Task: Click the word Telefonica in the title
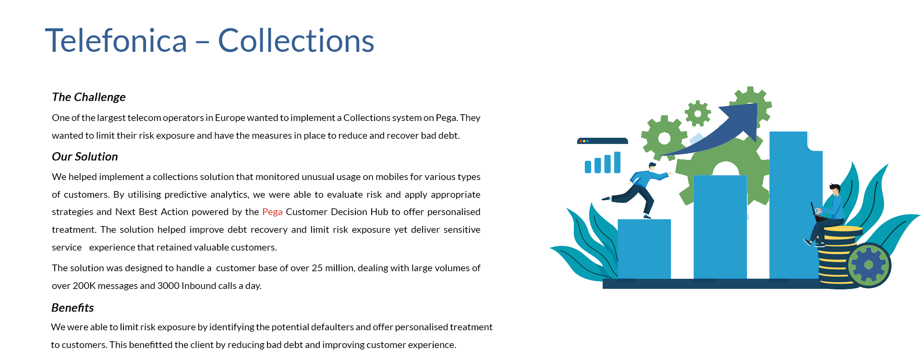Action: point(116,40)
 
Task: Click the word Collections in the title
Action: point(296,40)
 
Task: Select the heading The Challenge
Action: point(89,97)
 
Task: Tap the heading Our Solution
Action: point(85,156)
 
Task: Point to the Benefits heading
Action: point(73,308)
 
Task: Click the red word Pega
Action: point(272,212)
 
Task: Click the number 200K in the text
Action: point(84,286)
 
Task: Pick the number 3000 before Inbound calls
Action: point(169,286)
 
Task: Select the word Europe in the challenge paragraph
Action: point(230,118)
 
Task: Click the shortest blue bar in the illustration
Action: point(644,249)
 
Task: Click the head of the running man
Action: point(652,167)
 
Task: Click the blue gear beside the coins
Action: point(869,265)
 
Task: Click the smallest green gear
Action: point(698,114)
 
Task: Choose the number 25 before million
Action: point(317,268)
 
